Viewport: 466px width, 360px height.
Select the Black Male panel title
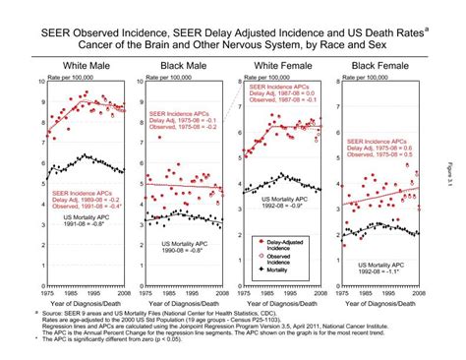coord(187,64)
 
